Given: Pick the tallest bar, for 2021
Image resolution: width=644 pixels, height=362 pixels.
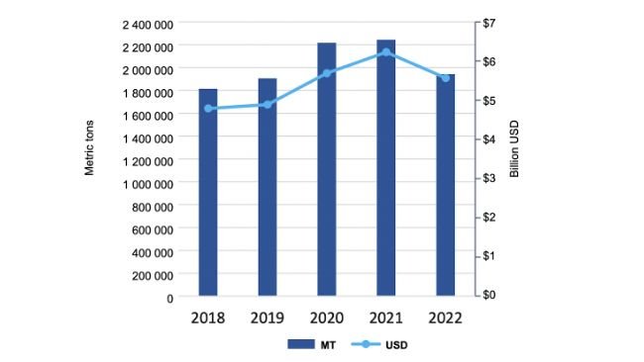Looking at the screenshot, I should (386, 167).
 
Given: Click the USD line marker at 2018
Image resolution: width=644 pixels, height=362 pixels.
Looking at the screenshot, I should (208, 109).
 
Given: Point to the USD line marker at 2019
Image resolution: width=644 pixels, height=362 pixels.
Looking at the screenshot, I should (268, 104).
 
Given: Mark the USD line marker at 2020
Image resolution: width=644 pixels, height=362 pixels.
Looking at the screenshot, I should (327, 73).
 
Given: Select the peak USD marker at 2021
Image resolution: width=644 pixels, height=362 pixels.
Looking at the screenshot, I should (386, 52).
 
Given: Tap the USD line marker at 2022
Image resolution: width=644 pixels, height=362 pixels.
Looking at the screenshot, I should (445, 78).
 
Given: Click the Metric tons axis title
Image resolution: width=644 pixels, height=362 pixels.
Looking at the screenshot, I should (89, 153).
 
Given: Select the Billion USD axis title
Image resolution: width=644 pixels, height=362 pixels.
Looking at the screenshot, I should (514, 153).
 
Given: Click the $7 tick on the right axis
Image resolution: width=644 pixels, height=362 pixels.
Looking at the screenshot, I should (488, 23).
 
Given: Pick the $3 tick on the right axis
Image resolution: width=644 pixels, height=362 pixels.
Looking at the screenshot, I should (488, 178).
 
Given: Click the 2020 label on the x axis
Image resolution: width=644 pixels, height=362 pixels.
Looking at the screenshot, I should (327, 318).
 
